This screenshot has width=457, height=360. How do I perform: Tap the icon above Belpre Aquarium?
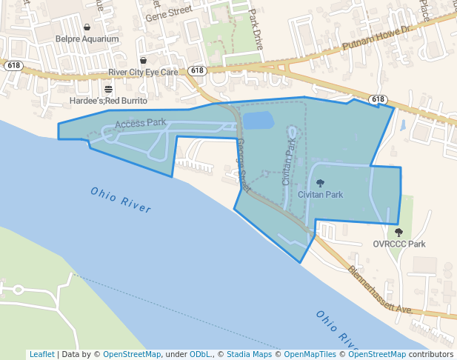tap(87, 27)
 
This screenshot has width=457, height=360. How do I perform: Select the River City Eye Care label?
tap(143, 72)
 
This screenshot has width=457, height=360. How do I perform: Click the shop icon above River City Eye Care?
tap(143, 60)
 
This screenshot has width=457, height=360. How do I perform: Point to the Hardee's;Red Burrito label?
tap(108, 100)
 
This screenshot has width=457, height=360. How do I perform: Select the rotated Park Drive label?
tap(256, 27)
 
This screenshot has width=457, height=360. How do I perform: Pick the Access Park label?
tap(141, 122)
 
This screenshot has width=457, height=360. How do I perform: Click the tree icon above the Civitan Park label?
tap(320, 183)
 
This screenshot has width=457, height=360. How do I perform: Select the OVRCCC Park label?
tap(399, 244)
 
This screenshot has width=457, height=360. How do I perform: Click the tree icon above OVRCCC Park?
tap(399, 233)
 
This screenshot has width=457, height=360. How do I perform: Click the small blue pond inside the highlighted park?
tap(258, 121)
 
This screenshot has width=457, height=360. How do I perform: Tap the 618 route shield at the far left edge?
tap(13, 65)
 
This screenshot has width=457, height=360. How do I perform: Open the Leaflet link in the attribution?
tap(41, 354)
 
